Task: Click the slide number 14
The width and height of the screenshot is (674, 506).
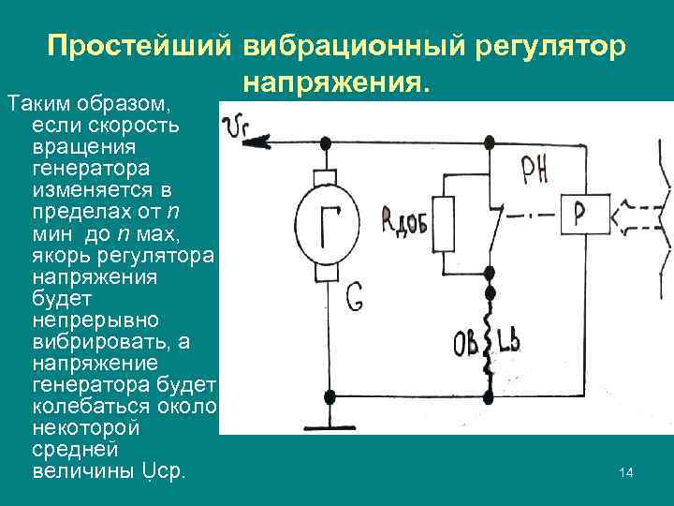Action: click(x=626, y=473)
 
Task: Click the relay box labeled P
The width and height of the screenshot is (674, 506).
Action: click(x=579, y=213)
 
